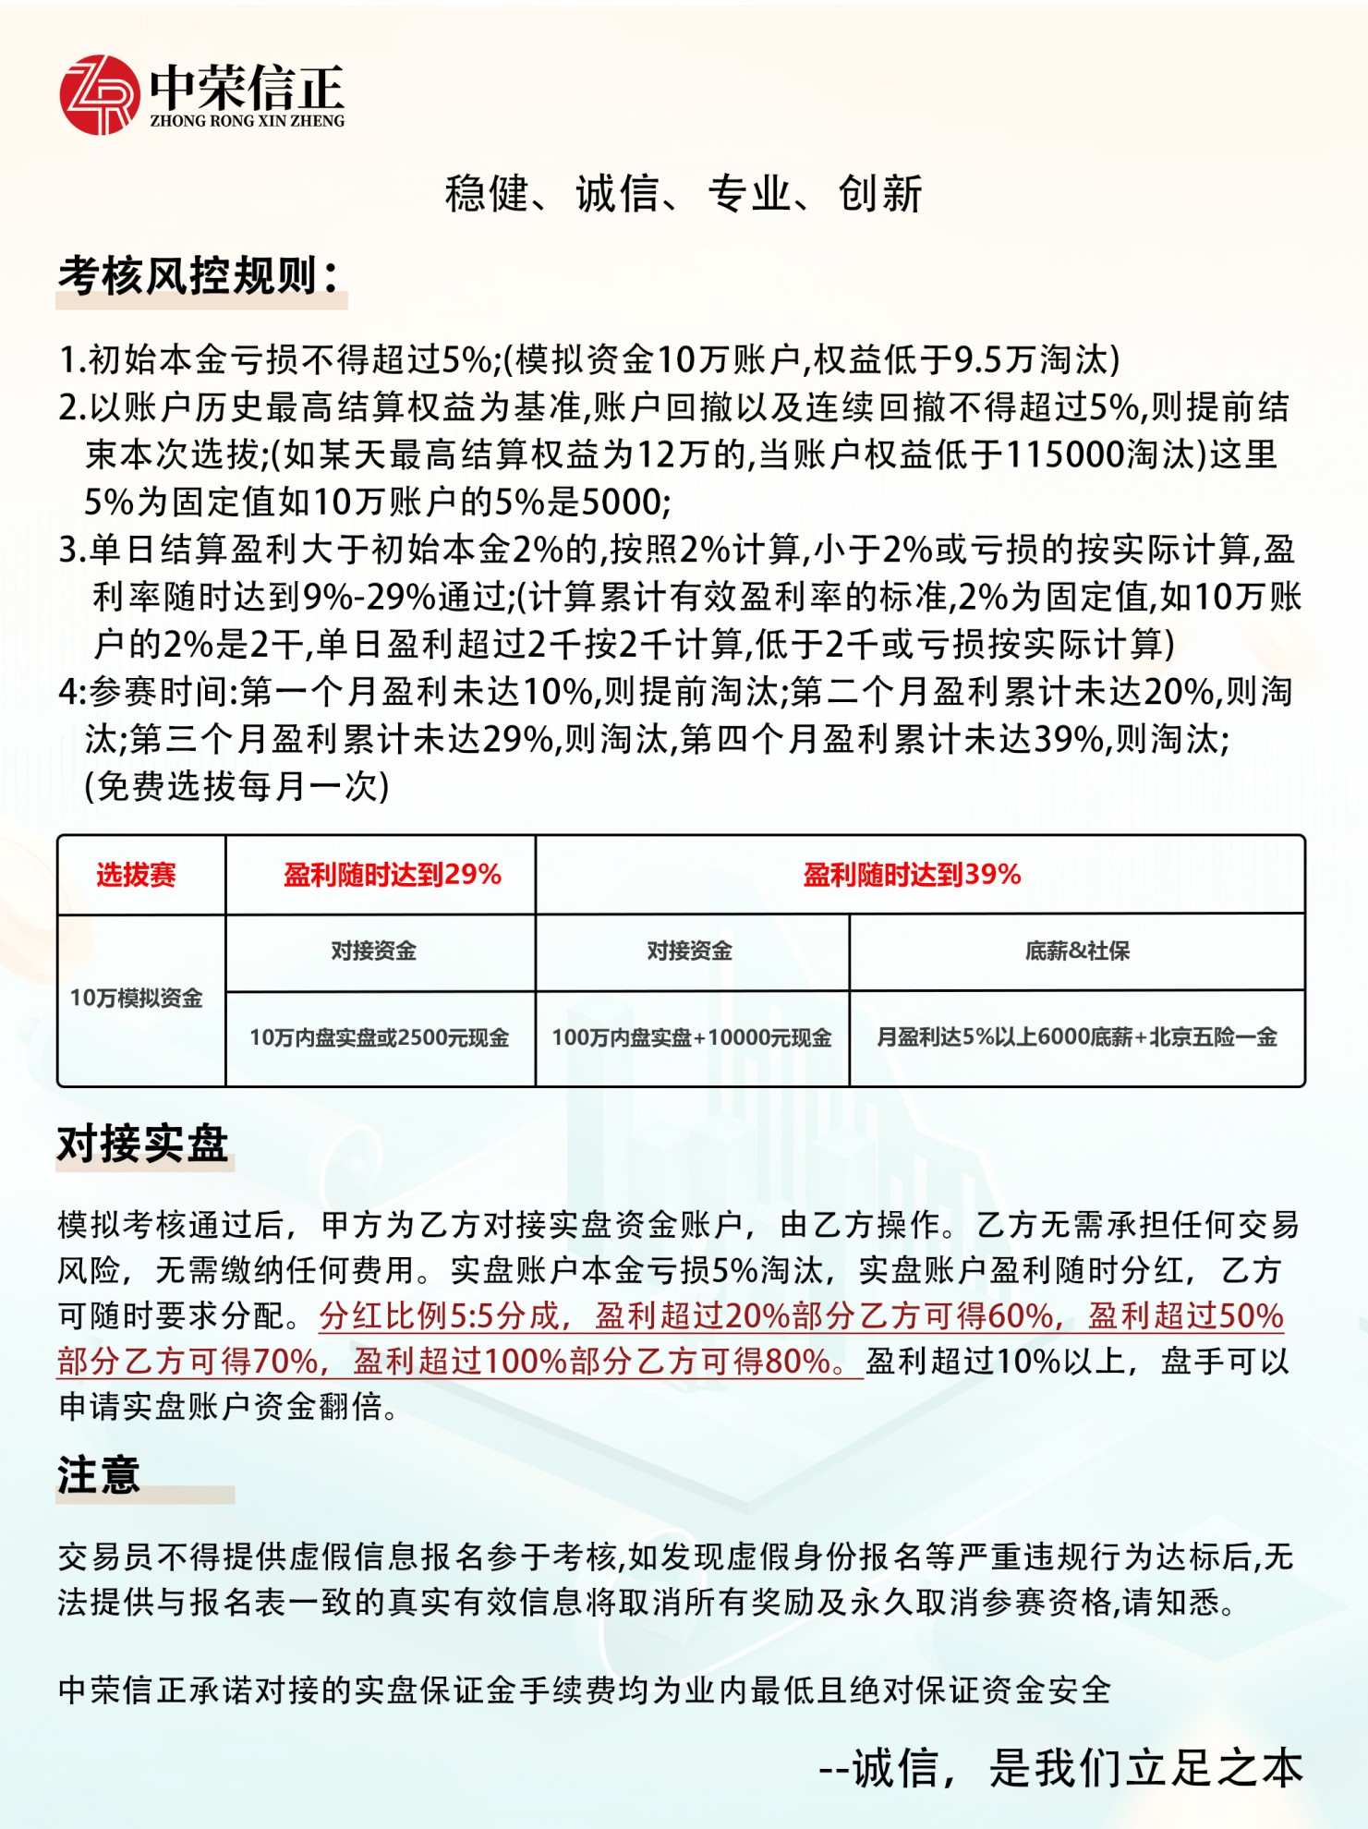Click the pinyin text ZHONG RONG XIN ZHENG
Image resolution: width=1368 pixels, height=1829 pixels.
[x=247, y=121]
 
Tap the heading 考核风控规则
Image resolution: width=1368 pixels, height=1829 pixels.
[x=200, y=276]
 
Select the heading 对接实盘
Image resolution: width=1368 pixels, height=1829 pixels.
[x=143, y=1145]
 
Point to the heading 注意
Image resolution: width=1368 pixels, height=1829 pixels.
[x=99, y=1475]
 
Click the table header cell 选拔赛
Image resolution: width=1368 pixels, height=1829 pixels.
[x=136, y=875]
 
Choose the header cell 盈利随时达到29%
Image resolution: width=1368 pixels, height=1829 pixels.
[x=392, y=875]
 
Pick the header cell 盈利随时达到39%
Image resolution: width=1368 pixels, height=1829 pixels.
[x=912, y=875]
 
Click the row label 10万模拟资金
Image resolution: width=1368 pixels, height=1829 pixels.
[x=136, y=999]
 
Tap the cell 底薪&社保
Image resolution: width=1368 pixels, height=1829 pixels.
[x=1077, y=951]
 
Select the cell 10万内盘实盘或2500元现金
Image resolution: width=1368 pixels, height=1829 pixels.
[x=379, y=1038]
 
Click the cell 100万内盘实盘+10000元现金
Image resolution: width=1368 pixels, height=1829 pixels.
[x=691, y=1038]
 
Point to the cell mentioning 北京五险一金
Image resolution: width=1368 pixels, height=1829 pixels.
[x=1077, y=1038]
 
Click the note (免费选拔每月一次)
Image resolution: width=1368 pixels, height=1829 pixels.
[x=237, y=787]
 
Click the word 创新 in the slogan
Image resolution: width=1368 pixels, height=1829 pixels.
[x=879, y=195]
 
